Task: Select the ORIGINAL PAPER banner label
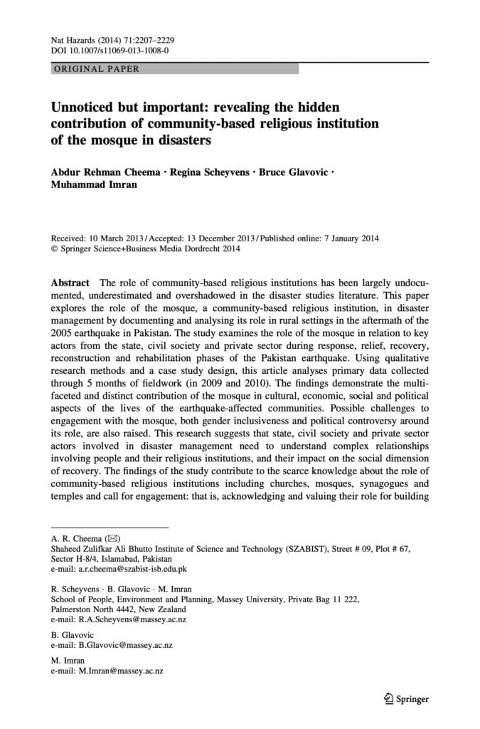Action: pyautogui.click(x=97, y=69)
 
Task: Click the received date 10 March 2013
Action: pyautogui.click(x=124, y=239)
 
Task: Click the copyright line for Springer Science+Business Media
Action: pyautogui.click(x=146, y=249)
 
